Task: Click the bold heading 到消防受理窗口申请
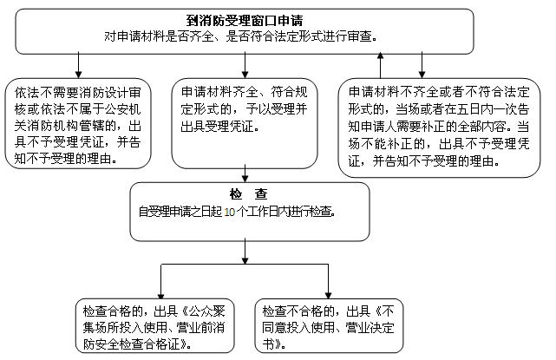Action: tap(245, 21)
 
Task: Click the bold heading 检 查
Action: tap(249, 194)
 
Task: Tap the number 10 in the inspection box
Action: tap(229, 212)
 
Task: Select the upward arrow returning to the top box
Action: tap(381, 65)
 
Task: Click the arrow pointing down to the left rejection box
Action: tap(78, 65)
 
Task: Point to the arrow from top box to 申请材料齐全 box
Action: tap(245, 65)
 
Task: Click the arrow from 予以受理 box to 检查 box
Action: tap(245, 173)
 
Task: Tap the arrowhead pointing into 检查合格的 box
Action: tap(161, 296)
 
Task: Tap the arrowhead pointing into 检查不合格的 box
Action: tap(328, 296)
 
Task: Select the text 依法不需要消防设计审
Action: tap(78, 93)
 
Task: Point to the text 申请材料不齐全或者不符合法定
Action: tap(439, 92)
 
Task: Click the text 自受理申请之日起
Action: tap(180, 212)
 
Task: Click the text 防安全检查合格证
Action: tap(132, 344)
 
